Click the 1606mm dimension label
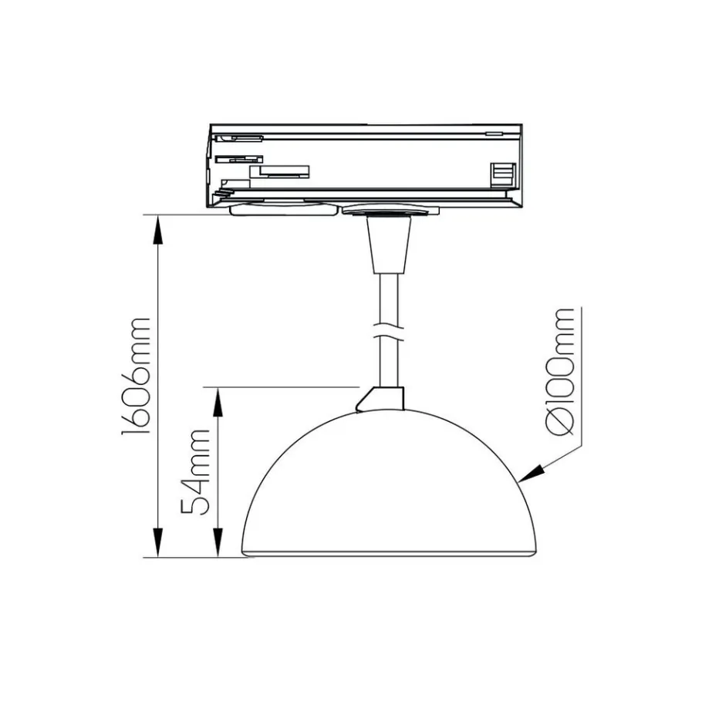[x=136, y=376]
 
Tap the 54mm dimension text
[x=195, y=472]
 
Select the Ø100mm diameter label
[x=560, y=371]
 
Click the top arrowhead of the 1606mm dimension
[x=157, y=230]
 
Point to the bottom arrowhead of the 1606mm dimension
[x=157, y=542]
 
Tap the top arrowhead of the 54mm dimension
[x=218, y=402]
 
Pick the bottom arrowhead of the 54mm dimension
[x=218, y=542]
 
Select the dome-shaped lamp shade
[x=389, y=483]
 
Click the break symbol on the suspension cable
[x=389, y=332]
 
